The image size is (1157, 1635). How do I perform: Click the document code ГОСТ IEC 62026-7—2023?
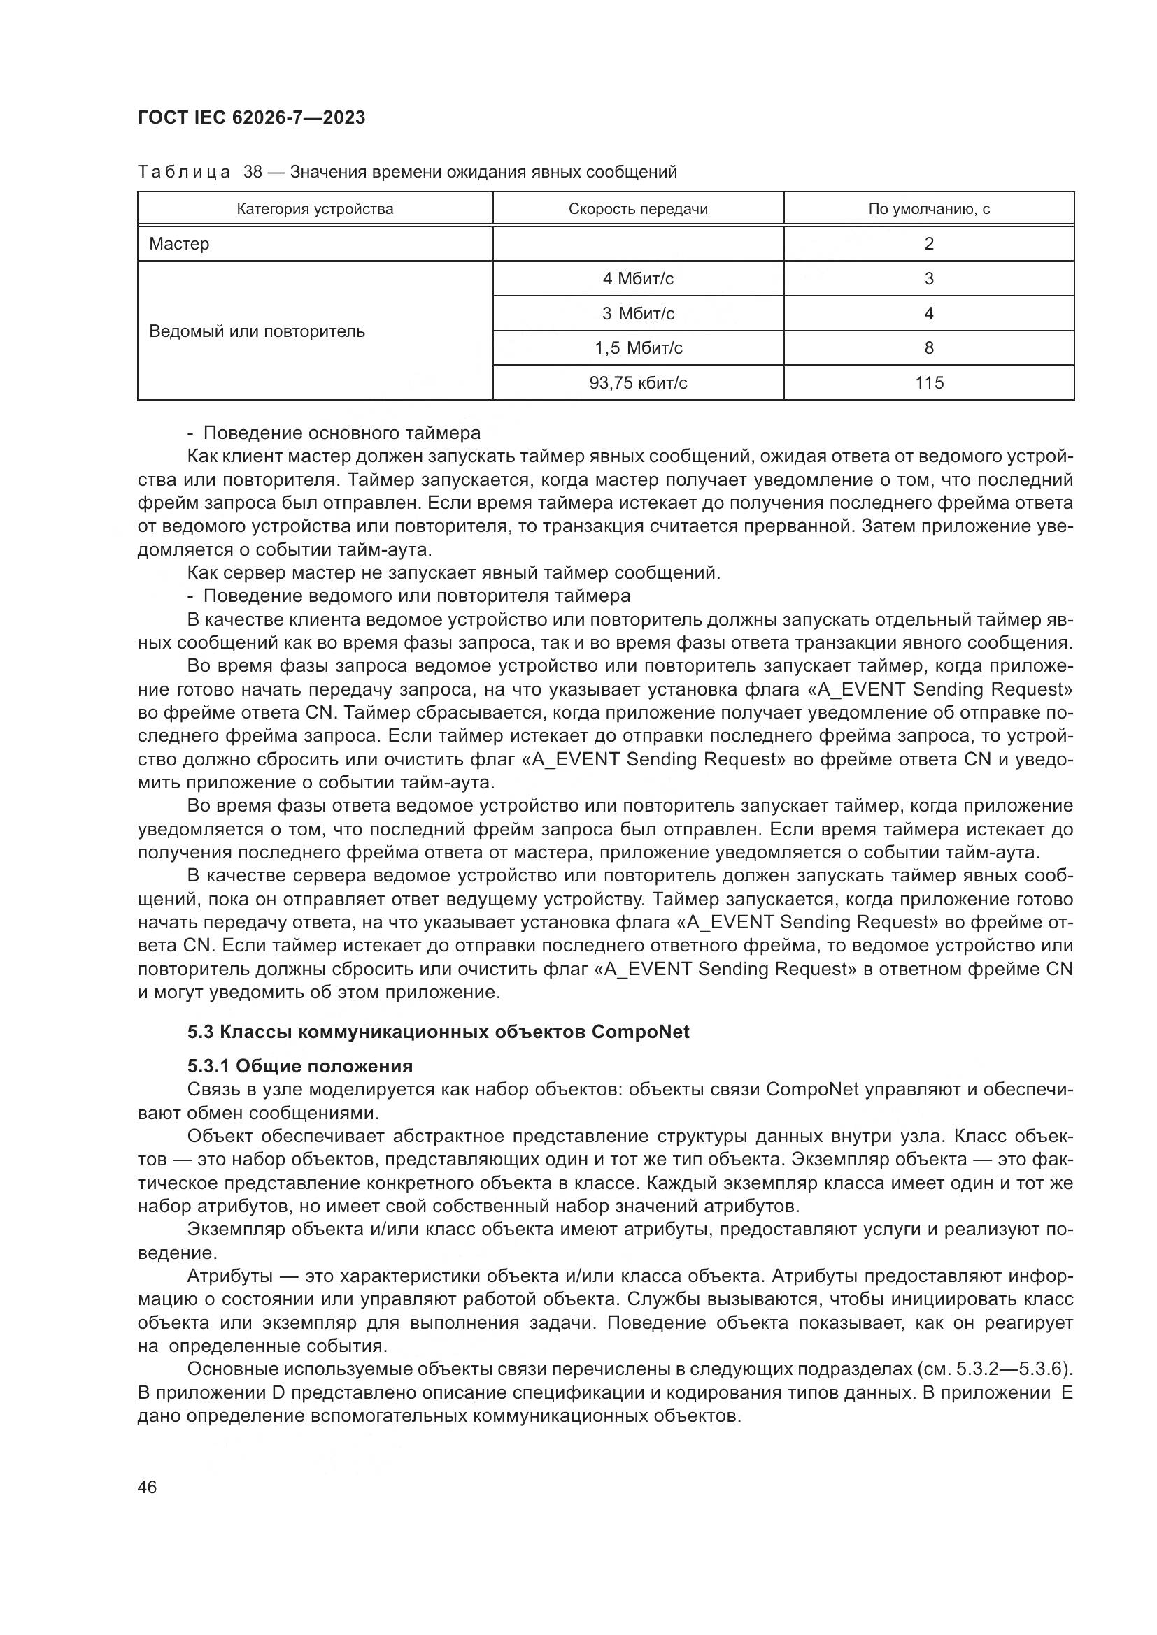(252, 117)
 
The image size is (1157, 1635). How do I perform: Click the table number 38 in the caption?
(253, 173)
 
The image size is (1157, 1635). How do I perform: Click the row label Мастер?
(180, 244)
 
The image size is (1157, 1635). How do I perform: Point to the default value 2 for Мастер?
(928, 244)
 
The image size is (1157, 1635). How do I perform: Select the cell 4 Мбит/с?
(638, 278)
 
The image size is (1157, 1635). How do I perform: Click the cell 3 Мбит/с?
(638, 313)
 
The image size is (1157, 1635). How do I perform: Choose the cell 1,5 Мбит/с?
(638, 348)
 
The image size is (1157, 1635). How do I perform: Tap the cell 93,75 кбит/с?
(638, 383)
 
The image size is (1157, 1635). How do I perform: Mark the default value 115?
(929, 383)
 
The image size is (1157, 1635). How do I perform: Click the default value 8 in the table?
(928, 348)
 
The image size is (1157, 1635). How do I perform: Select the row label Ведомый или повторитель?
(257, 331)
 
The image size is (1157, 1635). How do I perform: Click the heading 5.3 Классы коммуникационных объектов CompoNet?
(438, 1032)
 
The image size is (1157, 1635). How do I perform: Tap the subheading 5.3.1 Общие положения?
(300, 1066)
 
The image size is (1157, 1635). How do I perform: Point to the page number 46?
(148, 1488)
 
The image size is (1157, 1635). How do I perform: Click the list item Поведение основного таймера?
(341, 433)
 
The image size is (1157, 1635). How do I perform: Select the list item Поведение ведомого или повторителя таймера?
(416, 596)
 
